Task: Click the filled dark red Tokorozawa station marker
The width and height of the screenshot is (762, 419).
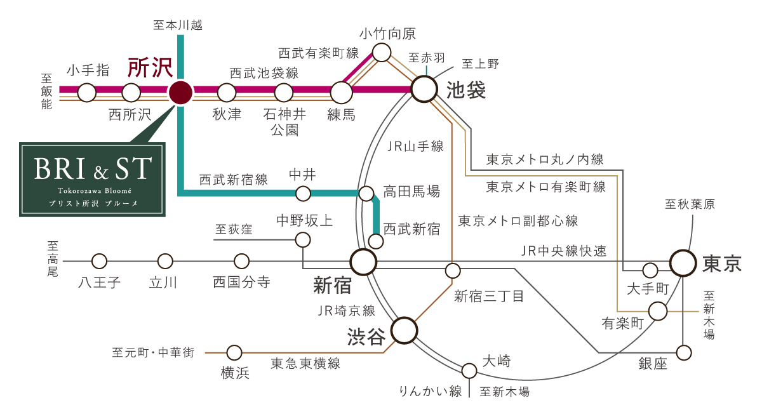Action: click(x=180, y=93)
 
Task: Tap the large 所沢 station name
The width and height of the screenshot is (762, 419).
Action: click(x=150, y=68)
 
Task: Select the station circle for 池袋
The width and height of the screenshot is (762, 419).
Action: click(x=424, y=89)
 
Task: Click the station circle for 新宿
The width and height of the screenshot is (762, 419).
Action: click(x=364, y=262)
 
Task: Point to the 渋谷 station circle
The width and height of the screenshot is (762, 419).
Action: click(x=404, y=330)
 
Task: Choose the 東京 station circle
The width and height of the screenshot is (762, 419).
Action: click(x=683, y=263)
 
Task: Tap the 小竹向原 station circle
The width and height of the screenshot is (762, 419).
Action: click(x=382, y=53)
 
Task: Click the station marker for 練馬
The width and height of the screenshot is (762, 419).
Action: click(x=341, y=93)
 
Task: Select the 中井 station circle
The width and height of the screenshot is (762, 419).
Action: click(x=303, y=194)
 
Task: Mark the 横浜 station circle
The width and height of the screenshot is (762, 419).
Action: click(x=234, y=353)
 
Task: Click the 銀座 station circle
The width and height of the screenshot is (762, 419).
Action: click(x=684, y=353)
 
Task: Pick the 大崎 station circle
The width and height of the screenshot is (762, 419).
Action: click(x=469, y=371)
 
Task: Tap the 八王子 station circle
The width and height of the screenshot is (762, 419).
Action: click(x=99, y=262)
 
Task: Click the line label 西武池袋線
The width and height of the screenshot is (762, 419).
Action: click(x=264, y=73)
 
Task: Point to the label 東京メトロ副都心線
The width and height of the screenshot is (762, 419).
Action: click(x=518, y=221)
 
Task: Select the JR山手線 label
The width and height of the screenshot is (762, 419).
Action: click(x=415, y=147)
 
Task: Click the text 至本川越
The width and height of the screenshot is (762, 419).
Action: click(x=178, y=25)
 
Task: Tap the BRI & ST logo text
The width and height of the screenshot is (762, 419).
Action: click(x=93, y=169)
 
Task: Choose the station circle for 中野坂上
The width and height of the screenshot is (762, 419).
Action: click(x=303, y=240)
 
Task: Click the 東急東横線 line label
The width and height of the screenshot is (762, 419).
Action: click(x=305, y=364)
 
